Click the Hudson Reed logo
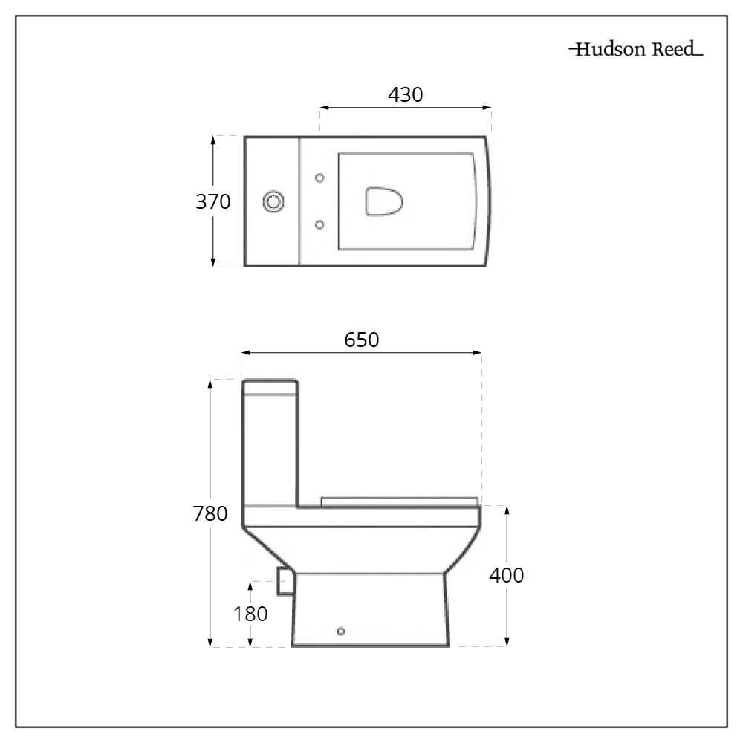click(x=635, y=51)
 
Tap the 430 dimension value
click(x=406, y=95)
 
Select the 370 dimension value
click(x=213, y=201)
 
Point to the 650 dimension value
click(x=362, y=340)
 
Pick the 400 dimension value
click(x=507, y=575)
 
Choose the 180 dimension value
click(x=251, y=614)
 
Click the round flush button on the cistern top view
click(x=273, y=201)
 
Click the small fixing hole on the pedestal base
click(x=340, y=632)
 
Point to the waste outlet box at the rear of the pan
click(x=284, y=580)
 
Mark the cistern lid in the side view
click(x=270, y=386)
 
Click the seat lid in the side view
click(x=400, y=501)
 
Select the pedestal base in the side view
click(x=370, y=609)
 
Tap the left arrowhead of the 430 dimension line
click(x=323, y=108)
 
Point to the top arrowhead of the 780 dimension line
click(x=212, y=383)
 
